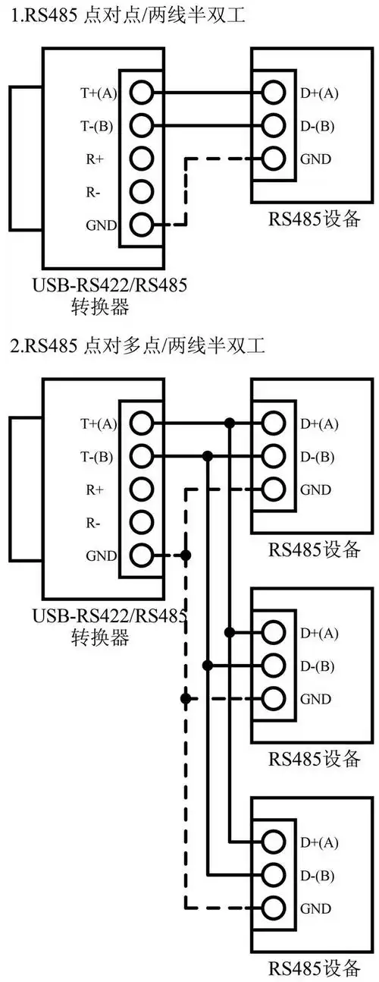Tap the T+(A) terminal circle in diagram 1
pos(141,93)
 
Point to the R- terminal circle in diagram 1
pos(141,191)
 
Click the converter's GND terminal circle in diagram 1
pos(141,225)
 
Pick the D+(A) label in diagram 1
pos(319,93)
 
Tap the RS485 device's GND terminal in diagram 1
pos(274,159)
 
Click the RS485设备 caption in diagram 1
pos(314,220)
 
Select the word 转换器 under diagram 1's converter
pos(99,307)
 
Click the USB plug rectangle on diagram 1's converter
pos(26,157)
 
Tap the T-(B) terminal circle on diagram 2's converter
pos(141,456)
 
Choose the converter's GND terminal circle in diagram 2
pos(141,556)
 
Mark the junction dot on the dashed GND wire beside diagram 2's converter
pos(186,556)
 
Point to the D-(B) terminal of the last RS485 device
pos(274,874)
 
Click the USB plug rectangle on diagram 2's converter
pos(26,488)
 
